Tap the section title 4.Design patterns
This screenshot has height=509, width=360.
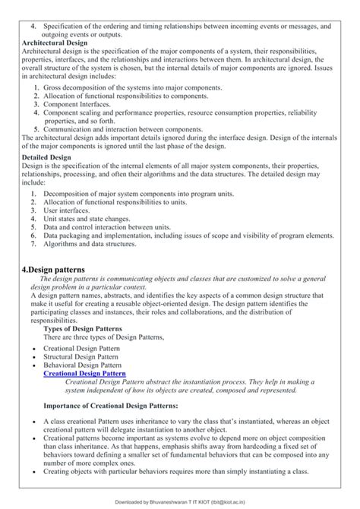[x=53, y=270]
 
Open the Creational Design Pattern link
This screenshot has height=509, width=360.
[x=84, y=374]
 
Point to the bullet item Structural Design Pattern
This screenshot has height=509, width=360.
[x=81, y=356]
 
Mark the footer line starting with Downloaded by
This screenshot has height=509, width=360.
[x=180, y=502]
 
